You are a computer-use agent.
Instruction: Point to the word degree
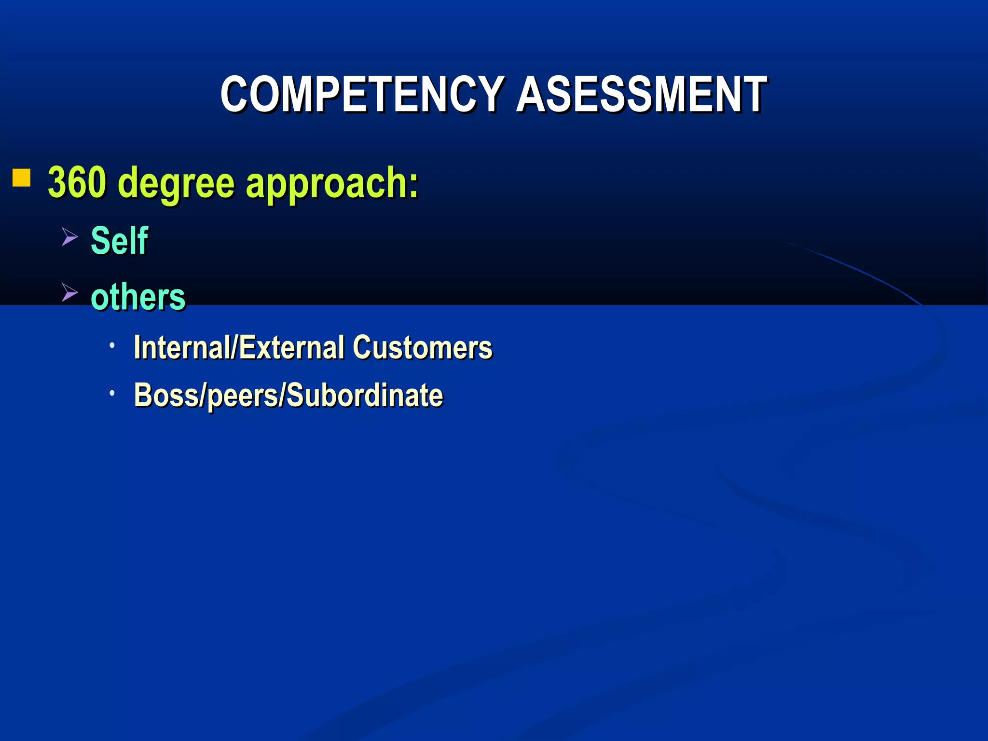coord(176,184)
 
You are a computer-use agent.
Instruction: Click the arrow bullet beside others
coord(69,292)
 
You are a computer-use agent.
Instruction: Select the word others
coord(138,296)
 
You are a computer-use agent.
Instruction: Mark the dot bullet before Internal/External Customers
coord(112,345)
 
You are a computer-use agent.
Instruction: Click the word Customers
coord(422,347)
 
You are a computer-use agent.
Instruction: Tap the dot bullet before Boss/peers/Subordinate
coord(112,393)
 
